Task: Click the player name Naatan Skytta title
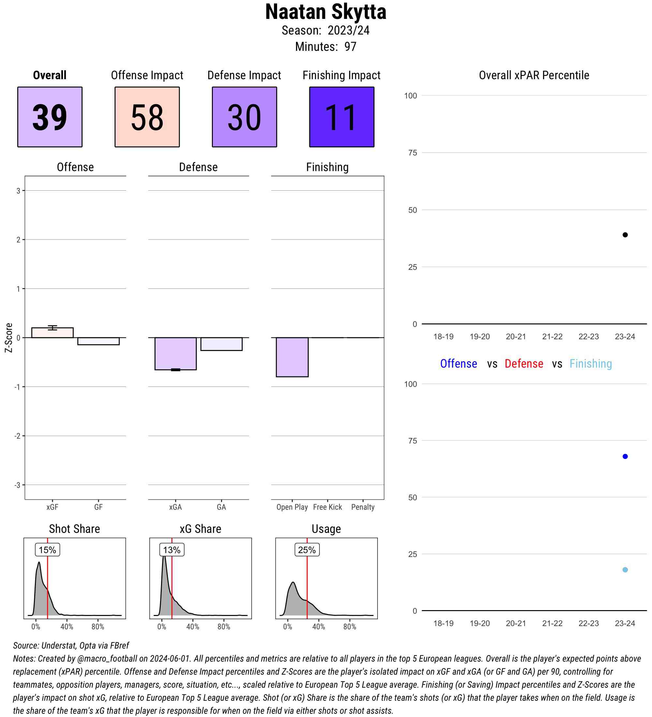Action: (x=325, y=12)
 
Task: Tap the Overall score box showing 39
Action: (x=50, y=117)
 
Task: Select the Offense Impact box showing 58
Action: (x=147, y=117)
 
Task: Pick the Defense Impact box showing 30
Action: (x=244, y=117)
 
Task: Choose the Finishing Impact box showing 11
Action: (x=341, y=117)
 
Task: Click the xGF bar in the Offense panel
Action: (x=52, y=333)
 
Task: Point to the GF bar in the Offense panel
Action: (x=98, y=341)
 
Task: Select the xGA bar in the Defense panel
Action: (x=175, y=354)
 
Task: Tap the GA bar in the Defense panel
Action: (x=221, y=344)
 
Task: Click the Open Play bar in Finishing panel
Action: (x=292, y=357)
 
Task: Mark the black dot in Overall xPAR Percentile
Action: (x=625, y=235)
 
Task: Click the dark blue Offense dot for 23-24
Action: (x=625, y=456)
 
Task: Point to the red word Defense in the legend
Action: (x=524, y=364)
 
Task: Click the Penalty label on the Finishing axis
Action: (x=363, y=507)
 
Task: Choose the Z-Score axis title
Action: (x=8, y=338)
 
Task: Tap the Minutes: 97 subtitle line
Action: (x=325, y=47)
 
